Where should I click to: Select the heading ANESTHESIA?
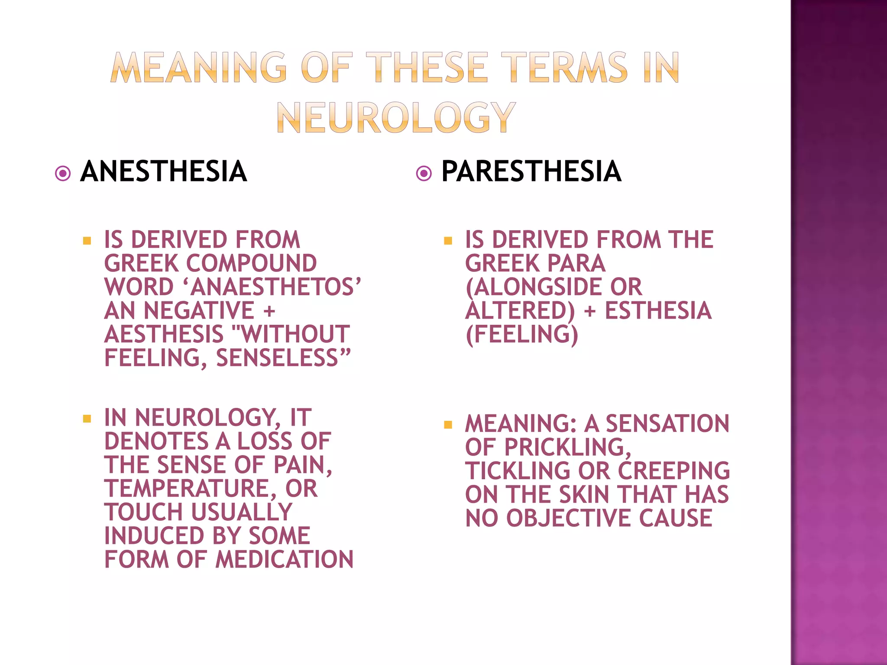click(x=164, y=171)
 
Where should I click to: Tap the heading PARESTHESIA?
click(x=531, y=171)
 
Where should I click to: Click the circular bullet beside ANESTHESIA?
click(x=63, y=174)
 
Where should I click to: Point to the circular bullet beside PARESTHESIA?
click(x=424, y=174)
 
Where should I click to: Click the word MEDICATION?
click(x=285, y=559)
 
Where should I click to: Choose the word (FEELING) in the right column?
click(x=521, y=335)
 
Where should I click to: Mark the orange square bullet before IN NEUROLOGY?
click(x=87, y=419)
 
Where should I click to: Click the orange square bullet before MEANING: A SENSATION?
click(x=448, y=425)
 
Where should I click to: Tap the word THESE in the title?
click(x=427, y=68)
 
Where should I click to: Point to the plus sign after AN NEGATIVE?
click(x=269, y=311)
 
